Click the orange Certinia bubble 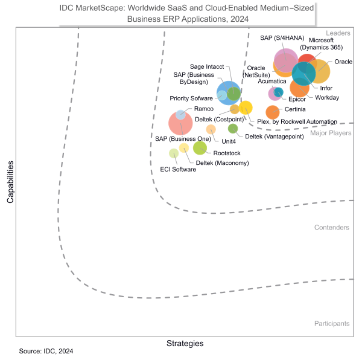(x=273, y=112)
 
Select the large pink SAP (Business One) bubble (x=180, y=123)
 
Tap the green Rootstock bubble (x=200, y=148)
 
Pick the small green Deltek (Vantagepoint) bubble (x=233, y=128)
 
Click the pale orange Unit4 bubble (x=211, y=129)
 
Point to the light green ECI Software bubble (x=174, y=153)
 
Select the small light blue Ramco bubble (x=180, y=115)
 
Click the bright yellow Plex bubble (x=246, y=108)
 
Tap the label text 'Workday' (x=327, y=97)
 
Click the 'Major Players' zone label (x=331, y=133)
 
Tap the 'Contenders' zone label (x=331, y=228)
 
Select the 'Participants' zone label (x=332, y=324)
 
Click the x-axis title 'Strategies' (x=185, y=343)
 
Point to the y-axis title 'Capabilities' (x=10, y=182)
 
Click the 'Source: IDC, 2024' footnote (x=46, y=351)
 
